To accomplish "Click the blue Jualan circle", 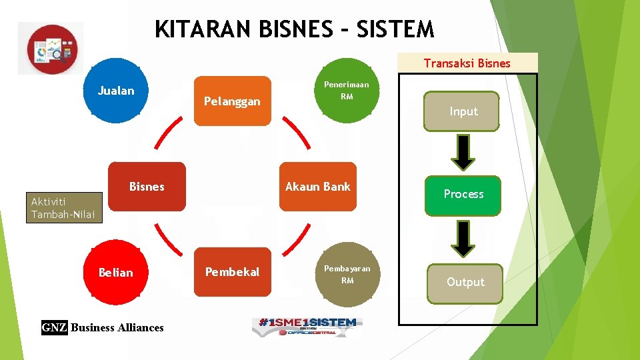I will click(116, 91).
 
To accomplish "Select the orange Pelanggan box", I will click(232, 101).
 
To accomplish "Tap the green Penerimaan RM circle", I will click(347, 91).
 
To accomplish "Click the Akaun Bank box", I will click(318, 187).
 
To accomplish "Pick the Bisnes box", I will click(147, 187).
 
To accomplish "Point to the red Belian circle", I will click(115, 273).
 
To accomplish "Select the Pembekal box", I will click(232, 272).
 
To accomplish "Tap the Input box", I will click(463, 111).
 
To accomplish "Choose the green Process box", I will click(463, 194).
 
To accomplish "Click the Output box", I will click(465, 282).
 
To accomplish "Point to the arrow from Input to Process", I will click(463, 153).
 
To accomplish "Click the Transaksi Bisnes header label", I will click(467, 63).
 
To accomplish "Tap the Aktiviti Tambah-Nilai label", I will click(64, 208).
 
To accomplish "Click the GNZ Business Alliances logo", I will click(103, 327).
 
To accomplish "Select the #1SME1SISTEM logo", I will click(307, 326).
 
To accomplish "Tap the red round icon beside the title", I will click(52, 49).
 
